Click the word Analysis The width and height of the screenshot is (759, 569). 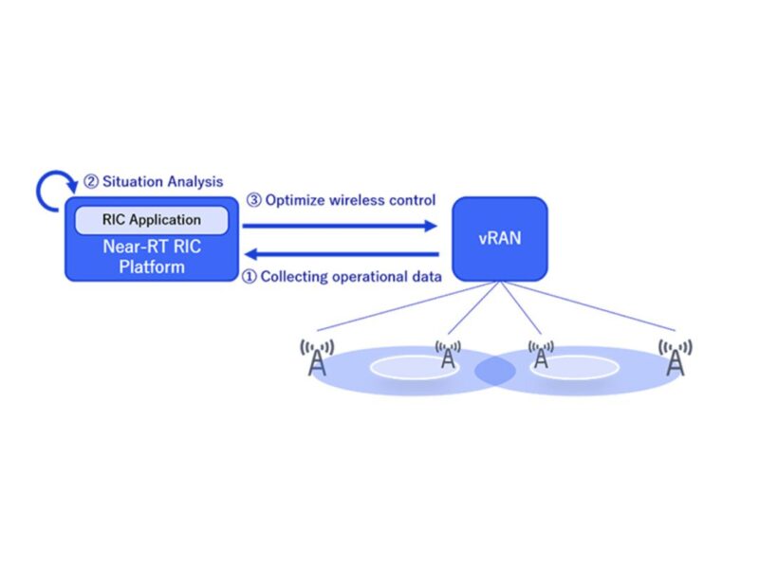coord(193,180)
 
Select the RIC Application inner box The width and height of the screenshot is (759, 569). coord(152,220)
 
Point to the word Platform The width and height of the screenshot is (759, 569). coord(152,266)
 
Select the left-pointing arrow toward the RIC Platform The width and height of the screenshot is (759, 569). coord(342,253)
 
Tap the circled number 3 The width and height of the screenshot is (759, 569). coord(253,200)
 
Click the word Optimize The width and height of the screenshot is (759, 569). coord(299,200)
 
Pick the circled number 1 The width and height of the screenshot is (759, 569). coord(250,277)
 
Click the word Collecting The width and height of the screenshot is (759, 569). coord(298,277)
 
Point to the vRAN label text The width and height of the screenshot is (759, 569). coord(499,239)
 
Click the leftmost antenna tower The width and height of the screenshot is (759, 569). coord(316,357)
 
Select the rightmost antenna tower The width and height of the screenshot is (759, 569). coord(675,357)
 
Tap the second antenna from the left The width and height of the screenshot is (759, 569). coord(449,355)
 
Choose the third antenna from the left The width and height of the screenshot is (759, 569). coord(541,355)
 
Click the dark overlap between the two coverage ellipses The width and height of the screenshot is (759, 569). coord(494,371)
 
